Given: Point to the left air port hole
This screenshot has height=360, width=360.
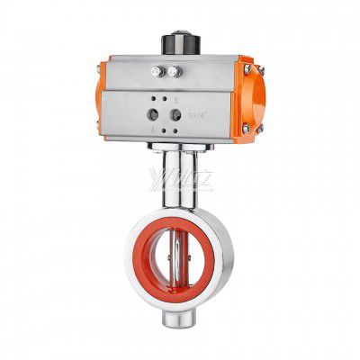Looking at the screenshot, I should (150, 114).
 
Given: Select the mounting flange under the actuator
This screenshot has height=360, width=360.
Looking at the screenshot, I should (180, 146).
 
